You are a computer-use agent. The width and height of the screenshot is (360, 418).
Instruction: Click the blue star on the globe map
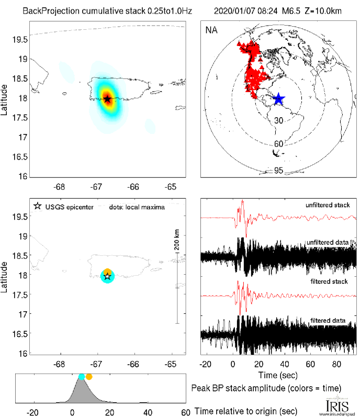(278, 98)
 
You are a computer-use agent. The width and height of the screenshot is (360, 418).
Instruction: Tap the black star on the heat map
(107, 99)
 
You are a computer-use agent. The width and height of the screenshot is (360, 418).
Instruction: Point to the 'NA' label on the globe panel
(211, 30)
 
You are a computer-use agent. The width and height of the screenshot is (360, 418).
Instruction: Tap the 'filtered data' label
(332, 320)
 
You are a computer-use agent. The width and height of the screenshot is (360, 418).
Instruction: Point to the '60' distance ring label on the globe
(278, 144)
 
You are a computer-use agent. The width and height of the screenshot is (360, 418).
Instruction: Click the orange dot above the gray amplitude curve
(89, 377)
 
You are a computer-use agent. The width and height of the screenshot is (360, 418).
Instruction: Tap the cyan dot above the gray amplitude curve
(81, 377)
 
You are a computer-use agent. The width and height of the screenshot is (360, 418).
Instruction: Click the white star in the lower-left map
(107, 276)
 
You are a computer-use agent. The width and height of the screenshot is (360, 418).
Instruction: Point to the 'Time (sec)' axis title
(279, 376)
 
